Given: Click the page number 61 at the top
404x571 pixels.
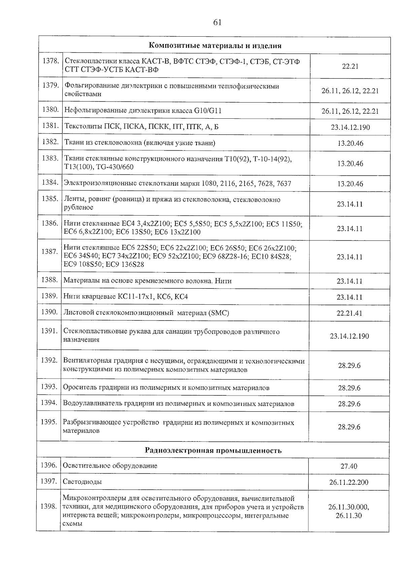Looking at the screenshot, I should [217, 23].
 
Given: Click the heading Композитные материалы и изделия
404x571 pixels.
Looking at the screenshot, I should [215, 46].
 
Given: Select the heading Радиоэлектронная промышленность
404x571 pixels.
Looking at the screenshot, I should [213, 451].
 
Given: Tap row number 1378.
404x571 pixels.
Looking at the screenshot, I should [51, 61].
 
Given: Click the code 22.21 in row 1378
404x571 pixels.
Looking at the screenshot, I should [350, 67].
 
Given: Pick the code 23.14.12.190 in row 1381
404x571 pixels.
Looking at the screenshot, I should [350, 127].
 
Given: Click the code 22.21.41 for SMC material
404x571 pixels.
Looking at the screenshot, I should [349, 313].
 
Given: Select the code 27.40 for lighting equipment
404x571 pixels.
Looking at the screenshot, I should [349, 466].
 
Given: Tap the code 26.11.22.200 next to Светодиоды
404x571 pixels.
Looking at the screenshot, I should [349, 483].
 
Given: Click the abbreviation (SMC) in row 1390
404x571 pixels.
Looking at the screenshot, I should [219, 313].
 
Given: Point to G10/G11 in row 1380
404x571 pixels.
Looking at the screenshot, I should [207, 111].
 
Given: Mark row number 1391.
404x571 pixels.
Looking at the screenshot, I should [49, 331].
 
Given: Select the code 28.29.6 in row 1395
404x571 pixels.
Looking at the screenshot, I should [349, 427].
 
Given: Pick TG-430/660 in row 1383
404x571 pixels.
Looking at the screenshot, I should [114, 167].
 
